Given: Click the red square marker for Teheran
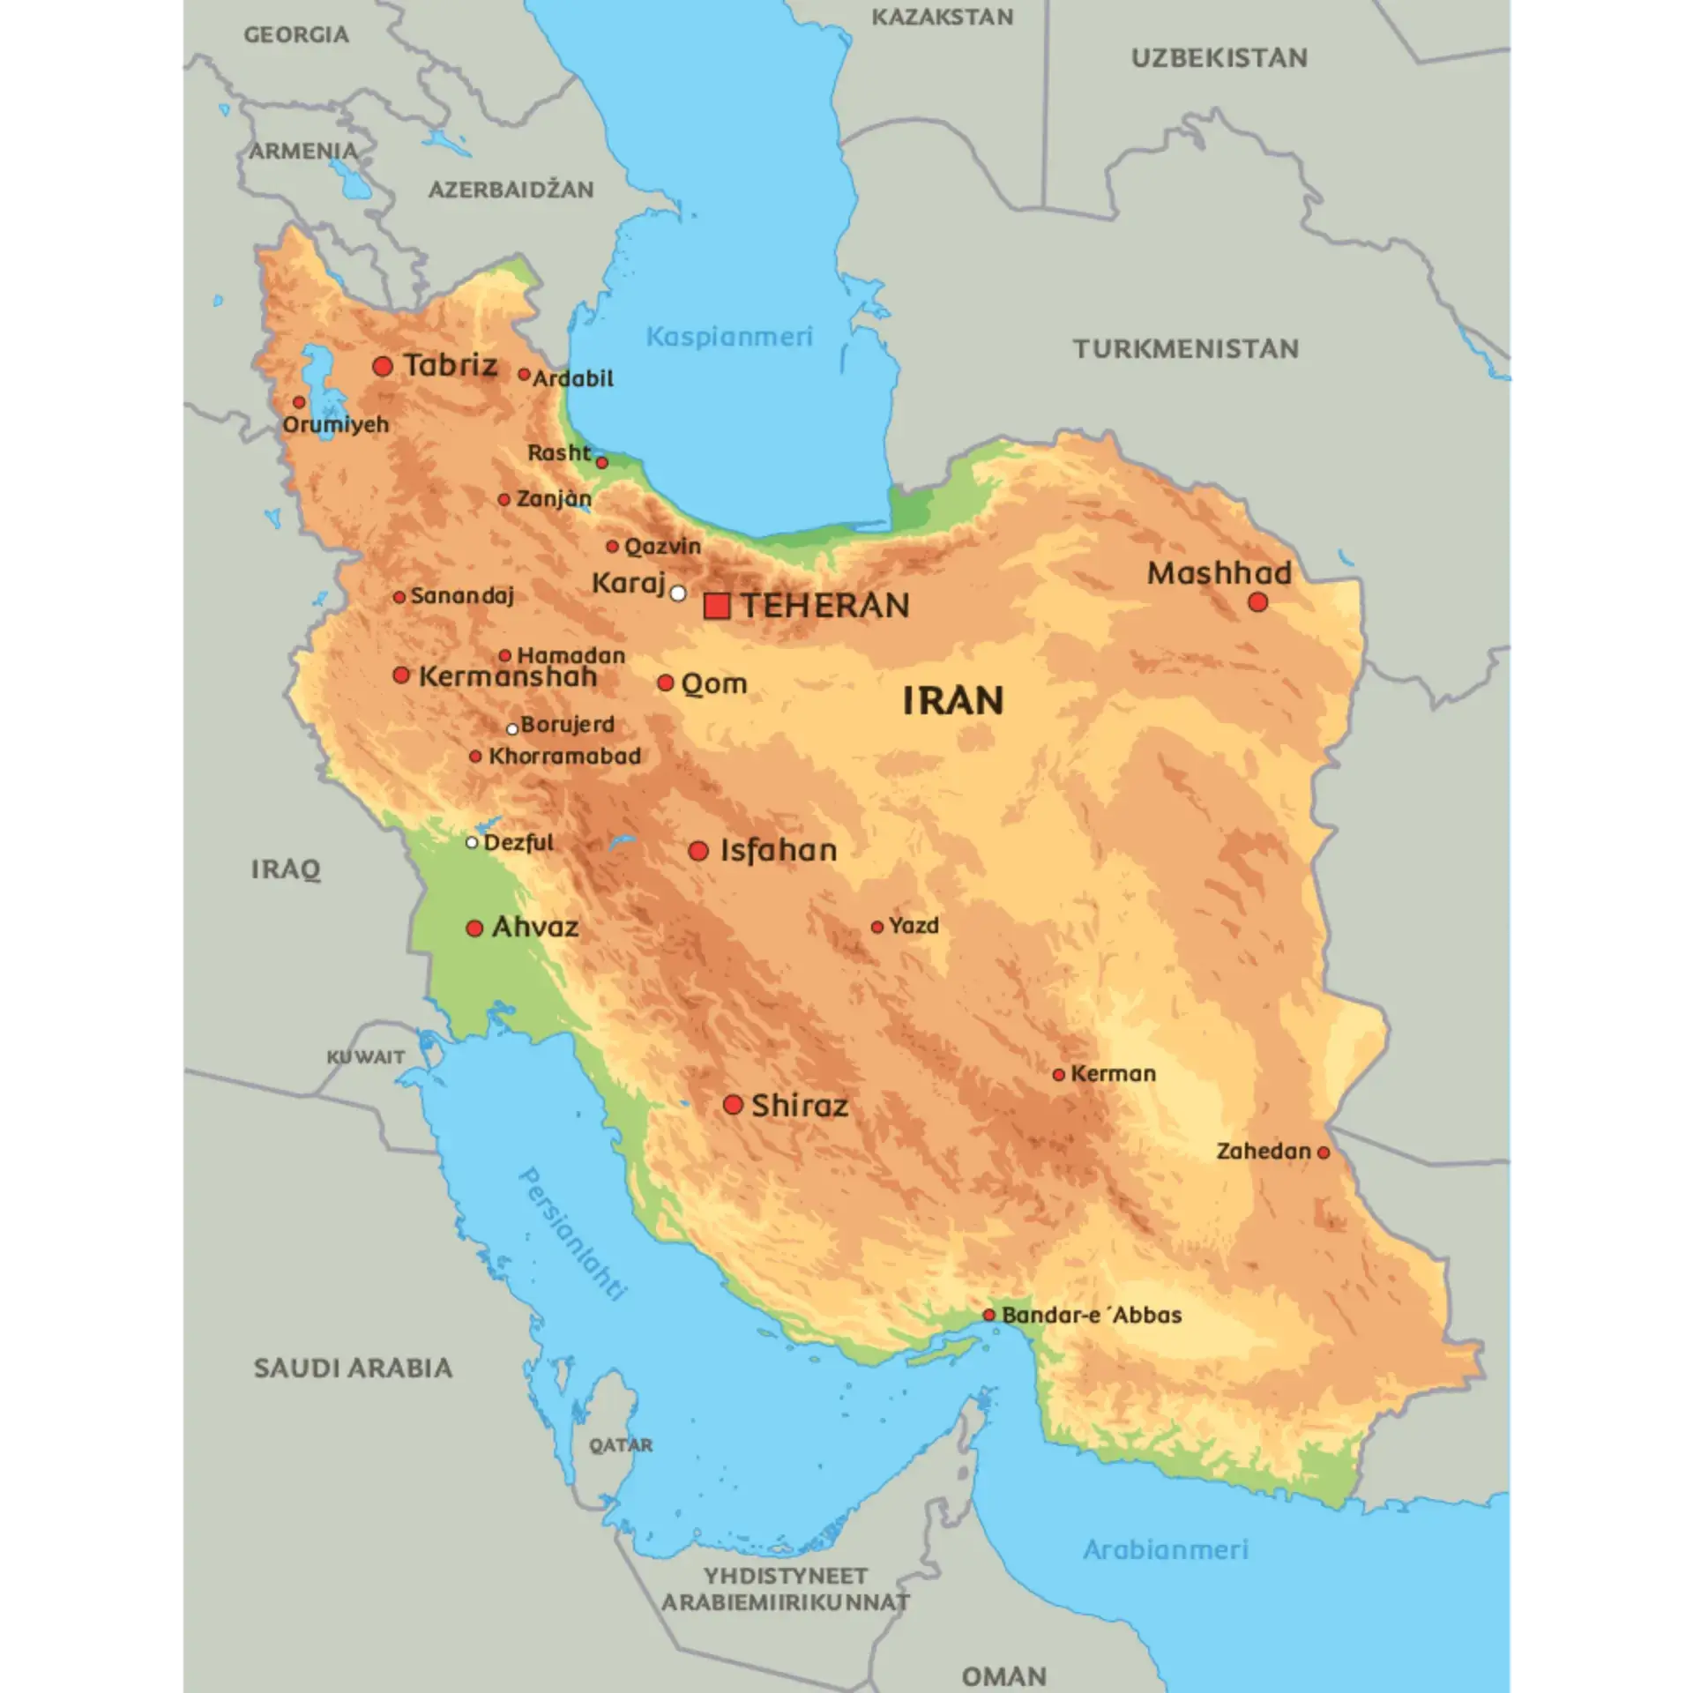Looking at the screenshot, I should [x=717, y=606].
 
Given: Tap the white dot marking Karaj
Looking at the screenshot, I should [x=677, y=593].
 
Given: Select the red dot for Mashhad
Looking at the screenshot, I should [x=1258, y=602].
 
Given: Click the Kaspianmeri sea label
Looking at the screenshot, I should [x=729, y=337].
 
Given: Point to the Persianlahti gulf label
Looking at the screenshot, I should [x=573, y=1234].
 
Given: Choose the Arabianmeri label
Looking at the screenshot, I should [x=1166, y=1549].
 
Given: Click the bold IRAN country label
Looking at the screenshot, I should [x=953, y=701].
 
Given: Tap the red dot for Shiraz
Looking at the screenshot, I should [x=733, y=1105].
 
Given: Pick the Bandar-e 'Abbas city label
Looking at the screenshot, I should [x=1092, y=1315].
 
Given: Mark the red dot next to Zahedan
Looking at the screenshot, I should [x=1323, y=1152].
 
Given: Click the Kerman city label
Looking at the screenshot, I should [x=1113, y=1074].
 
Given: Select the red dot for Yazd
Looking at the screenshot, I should [x=877, y=927].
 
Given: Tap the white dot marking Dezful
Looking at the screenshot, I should [x=472, y=843].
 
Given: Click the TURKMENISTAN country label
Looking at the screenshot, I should [x=1186, y=349].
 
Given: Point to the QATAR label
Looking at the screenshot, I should [x=622, y=1445].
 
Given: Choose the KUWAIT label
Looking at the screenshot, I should [x=366, y=1056].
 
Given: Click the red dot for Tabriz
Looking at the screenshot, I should [x=383, y=366].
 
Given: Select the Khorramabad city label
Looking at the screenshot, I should [x=564, y=757].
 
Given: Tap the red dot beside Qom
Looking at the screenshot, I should [x=666, y=683].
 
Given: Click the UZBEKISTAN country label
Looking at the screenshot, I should [x=1219, y=58].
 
